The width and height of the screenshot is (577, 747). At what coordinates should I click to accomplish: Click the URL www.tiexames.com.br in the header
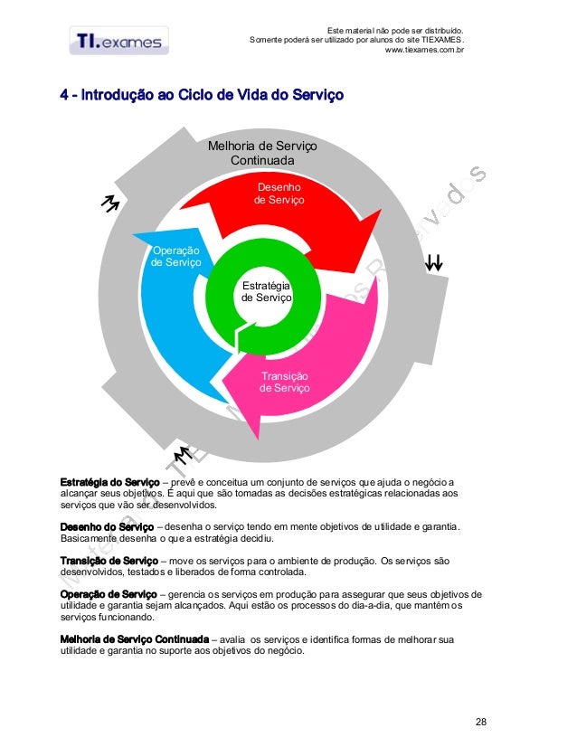pyautogui.click(x=424, y=51)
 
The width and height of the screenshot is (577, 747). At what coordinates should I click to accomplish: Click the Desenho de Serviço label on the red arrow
pyautogui.click(x=279, y=193)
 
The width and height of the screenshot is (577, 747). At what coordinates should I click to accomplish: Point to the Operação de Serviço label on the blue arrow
pyautogui.click(x=176, y=256)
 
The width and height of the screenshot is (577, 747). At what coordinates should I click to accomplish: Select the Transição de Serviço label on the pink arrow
pyautogui.click(x=284, y=382)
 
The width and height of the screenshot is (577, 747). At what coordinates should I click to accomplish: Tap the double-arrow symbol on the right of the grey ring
pyautogui.click(x=434, y=263)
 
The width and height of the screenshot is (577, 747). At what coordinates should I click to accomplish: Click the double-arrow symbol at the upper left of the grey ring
pyautogui.click(x=111, y=205)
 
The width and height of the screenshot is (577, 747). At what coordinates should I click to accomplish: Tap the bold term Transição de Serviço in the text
pyautogui.click(x=108, y=561)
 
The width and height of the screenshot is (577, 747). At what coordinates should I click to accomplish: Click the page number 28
pyautogui.click(x=480, y=721)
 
